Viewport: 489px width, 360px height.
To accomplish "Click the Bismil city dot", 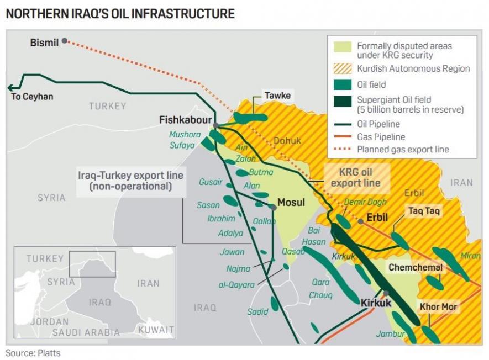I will tap(65, 40).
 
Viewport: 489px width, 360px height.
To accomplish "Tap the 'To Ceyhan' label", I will tap(32, 97).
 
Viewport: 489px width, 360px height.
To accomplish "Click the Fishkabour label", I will tap(185, 119).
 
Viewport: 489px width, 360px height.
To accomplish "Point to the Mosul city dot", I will tap(273, 207).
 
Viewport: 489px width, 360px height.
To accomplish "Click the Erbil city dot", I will tap(360, 221).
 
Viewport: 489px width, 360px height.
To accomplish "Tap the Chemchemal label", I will tap(416, 267).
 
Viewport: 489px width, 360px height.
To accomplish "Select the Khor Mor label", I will tap(438, 306).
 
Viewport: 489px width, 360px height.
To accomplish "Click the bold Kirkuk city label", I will tap(376, 303).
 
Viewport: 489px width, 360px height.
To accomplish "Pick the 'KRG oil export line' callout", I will tap(356, 177).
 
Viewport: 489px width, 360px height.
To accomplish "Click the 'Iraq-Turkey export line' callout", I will tap(131, 181).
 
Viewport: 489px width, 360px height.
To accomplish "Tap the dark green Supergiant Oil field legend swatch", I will tap(343, 104).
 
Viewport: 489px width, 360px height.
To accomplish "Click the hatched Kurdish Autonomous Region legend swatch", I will tap(343, 69).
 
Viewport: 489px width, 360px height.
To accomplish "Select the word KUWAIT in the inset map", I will tap(156, 330).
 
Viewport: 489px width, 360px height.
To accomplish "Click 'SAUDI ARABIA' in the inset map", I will tap(86, 332).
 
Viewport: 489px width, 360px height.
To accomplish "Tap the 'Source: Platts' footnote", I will tap(33, 352).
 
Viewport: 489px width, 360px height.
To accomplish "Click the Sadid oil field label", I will tap(257, 311).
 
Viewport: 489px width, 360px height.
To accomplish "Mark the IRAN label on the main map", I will tap(461, 183).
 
